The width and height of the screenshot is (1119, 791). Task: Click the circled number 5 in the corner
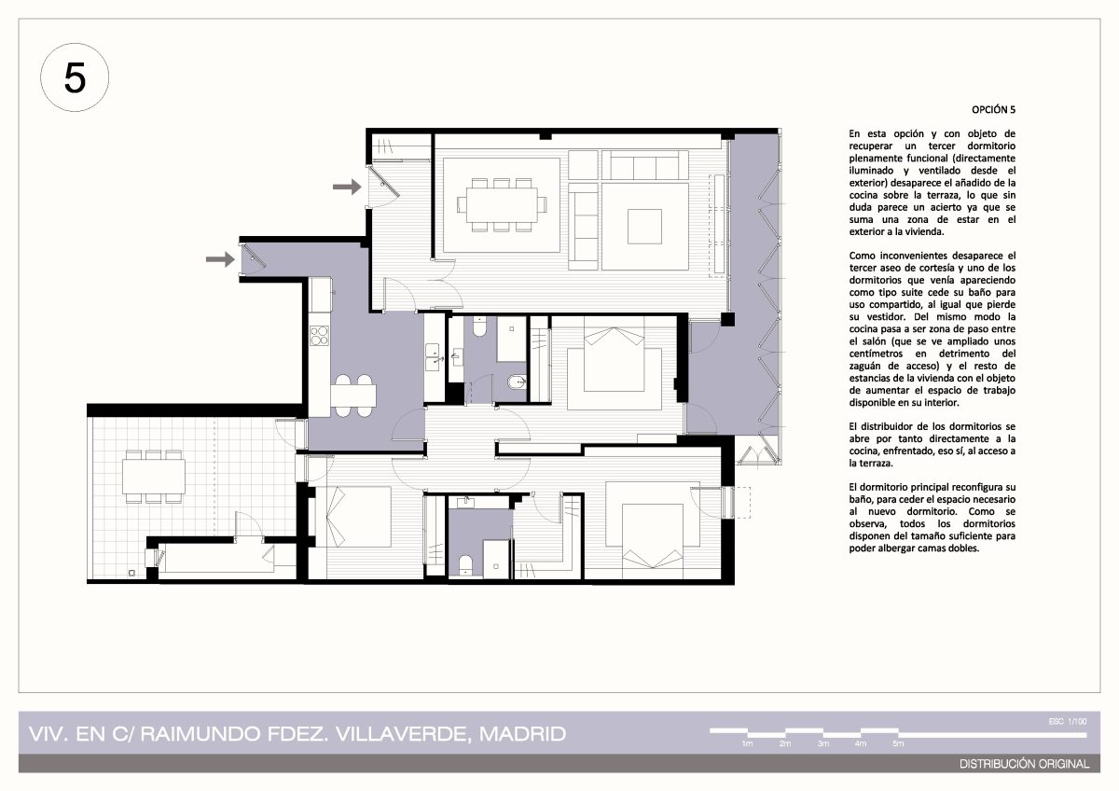point(75,77)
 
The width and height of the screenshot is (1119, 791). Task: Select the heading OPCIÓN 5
point(993,109)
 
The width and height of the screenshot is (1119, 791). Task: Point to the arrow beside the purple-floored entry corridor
point(220,258)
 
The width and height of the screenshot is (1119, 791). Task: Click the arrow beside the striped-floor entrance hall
point(347,187)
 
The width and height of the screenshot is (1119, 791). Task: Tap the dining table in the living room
point(502,205)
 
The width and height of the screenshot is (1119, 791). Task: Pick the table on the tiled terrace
point(153,477)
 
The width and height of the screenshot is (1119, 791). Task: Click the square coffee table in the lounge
point(644,227)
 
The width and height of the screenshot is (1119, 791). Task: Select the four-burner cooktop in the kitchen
point(319,335)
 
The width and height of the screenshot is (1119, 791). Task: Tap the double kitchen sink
point(433,356)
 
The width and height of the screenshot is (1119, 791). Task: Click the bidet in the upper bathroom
point(516,382)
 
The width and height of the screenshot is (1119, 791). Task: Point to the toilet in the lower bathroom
point(465,565)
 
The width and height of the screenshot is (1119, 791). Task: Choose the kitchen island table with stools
point(352,395)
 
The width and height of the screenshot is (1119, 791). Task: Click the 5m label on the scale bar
point(898,743)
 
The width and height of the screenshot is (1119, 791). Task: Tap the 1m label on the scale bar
point(747,743)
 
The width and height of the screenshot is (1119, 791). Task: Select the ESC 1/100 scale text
point(1067,722)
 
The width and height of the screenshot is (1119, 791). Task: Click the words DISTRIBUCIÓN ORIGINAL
point(1024,764)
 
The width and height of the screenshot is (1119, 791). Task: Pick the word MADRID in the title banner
point(522,734)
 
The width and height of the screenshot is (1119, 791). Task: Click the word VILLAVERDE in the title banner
point(403,734)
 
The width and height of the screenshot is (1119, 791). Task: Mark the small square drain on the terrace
point(131,573)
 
